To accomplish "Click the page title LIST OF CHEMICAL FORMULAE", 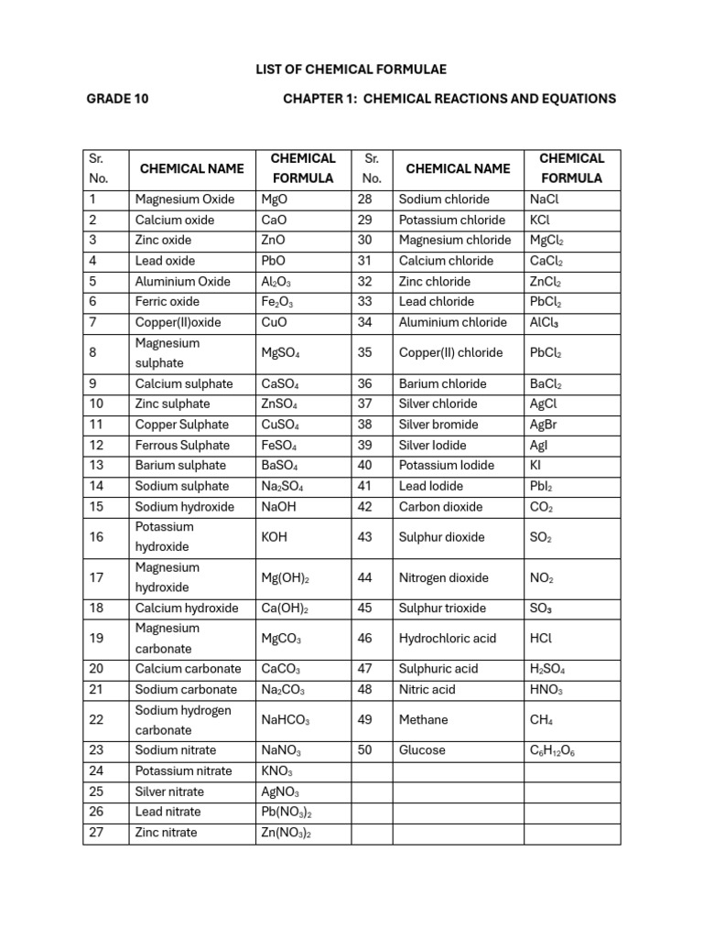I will click(x=351, y=69).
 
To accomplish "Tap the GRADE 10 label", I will click(x=118, y=99).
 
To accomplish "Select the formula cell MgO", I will click(x=274, y=199).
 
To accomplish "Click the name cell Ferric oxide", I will click(x=167, y=302).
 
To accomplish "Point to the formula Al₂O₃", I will click(x=276, y=282).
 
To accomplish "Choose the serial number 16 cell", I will click(x=97, y=537).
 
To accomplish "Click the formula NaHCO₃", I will click(x=286, y=720).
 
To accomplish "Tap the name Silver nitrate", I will click(x=169, y=792).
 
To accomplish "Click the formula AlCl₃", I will click(x=546, y=322).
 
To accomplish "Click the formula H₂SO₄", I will click(x=553, y=670).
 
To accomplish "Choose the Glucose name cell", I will click(x=422, y=750).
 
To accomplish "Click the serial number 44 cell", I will click(x=365, y=577).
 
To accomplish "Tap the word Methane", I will click(x=423, y=720).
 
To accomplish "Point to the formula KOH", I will click(x=274, y=537).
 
